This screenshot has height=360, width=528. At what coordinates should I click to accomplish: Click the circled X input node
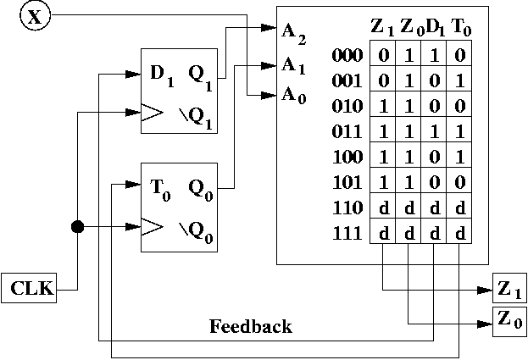click(34, 17)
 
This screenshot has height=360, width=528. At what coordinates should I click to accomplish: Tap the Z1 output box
click(509, 291)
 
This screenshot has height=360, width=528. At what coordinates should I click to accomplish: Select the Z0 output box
click(509, 320)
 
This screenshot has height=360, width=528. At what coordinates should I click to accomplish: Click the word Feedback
click(251, 326)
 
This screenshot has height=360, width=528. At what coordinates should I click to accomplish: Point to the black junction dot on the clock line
click(77, 227)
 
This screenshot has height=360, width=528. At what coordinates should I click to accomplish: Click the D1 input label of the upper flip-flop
click(162, 74)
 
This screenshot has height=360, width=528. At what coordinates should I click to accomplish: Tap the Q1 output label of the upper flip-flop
click(201, 74)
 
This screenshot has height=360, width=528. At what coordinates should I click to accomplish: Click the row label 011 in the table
click(347, 135)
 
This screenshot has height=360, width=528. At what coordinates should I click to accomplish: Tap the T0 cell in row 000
click(459, 56)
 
